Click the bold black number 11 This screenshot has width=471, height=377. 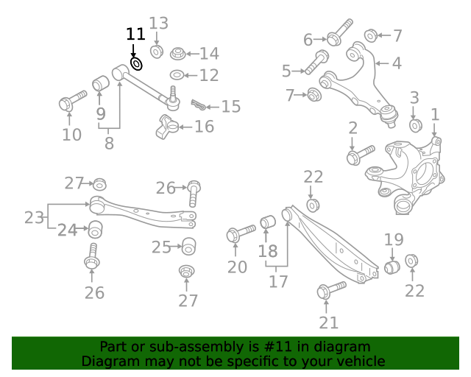pyautogui.click(x=135, y=34)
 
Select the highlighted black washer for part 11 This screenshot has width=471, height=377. pyautogui.click(x=136, y=64)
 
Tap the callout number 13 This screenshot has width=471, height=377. pyautogui.click(x=159, y=24)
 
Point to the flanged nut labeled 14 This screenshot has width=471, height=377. pyautogui.click(x=178, y=54)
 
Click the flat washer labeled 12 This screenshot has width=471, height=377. pyautogui.click(x=177, y=75)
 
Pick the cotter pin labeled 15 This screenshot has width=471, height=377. pyautogui.click(x=199, y=105)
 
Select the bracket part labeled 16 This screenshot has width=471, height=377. pyautogui.click(x=167, y=127)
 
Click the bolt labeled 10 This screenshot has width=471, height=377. pyautogui.click(x=73, y=101)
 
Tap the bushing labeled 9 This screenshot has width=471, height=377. pyautogui.click(x=101, y=83)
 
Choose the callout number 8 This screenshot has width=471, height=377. pyautogui.click(x=109, y=143)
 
